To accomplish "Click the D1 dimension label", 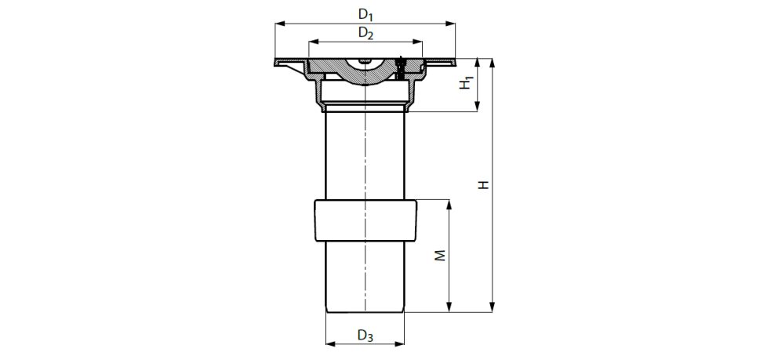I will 365,13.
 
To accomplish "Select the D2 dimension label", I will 365,33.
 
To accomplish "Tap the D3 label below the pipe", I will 365,336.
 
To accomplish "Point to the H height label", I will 485,185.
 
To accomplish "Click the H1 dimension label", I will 467,82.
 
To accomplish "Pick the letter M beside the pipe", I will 441,256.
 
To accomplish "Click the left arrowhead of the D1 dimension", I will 278,24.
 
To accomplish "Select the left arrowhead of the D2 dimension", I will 312,43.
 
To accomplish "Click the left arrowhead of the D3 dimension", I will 329,343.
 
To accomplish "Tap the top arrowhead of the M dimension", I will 449,205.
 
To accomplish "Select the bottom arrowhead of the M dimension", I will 449,308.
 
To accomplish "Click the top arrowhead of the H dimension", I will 493,62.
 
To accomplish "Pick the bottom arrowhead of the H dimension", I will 493,308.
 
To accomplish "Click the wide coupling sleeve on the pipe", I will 365,222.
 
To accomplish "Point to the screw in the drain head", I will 401,69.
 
